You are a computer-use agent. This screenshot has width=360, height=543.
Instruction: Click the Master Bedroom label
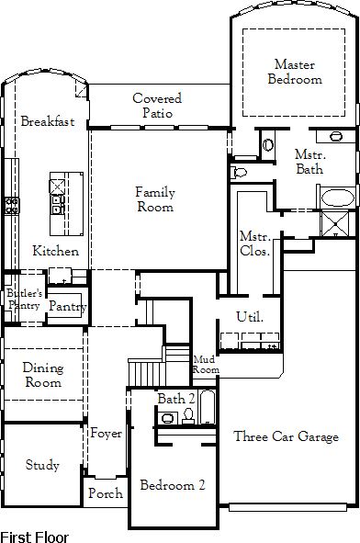[x=295, y=72]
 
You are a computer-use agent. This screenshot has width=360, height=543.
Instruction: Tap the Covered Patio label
[x=157, y=106]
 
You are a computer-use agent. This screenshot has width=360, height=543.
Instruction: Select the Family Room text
[x=155, y=198]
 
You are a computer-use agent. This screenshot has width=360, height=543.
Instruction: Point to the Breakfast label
[x=48, y=121]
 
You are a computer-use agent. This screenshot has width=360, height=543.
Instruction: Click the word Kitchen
[x=56, y=251]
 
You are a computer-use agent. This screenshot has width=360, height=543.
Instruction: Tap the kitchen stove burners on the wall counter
[x=12, y=206]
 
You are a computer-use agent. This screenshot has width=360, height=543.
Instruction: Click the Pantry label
[x=68, y=306]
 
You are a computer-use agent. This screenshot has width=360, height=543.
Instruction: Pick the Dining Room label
[x=43, y=375]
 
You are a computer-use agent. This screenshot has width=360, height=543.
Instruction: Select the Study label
[x=42, y=465]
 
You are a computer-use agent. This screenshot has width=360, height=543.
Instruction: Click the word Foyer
[x=106, y=433]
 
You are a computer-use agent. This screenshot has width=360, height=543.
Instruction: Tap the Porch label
[x=106, y=492]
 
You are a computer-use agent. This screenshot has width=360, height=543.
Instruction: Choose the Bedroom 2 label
[x=173, y=485]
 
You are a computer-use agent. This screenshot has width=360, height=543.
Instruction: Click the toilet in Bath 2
[x=188, y=415]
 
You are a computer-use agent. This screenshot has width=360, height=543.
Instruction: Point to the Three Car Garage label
[x=287, y=436]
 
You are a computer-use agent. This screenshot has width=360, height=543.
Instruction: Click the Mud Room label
[x=206, y=365]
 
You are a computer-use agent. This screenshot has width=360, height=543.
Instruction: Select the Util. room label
[x=250, y=316]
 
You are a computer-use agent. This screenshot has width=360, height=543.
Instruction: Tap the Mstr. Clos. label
[x=254, y=243]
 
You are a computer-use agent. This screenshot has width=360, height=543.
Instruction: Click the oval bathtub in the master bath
[x=338, y=198]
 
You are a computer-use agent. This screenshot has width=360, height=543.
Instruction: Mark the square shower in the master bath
[x=334, y=223]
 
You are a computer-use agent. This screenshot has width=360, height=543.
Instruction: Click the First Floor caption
[x=35, y=537]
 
